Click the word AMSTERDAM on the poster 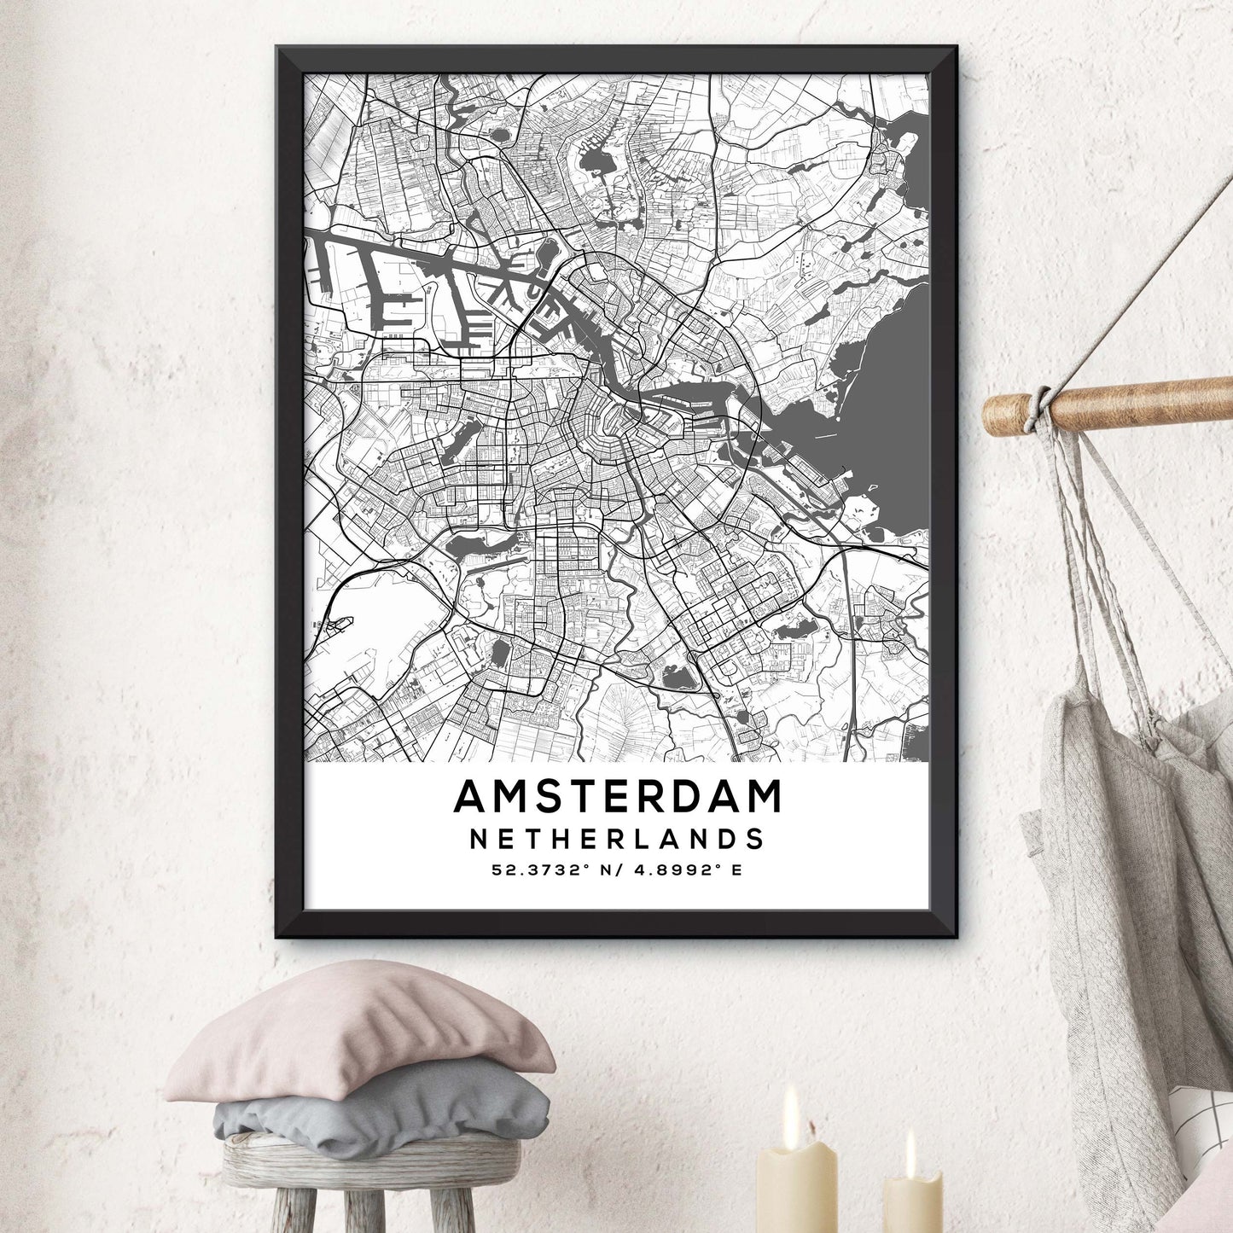click(618, 797)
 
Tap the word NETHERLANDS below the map click(618, 839)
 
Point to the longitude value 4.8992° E click(691, 871)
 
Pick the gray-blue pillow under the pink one click(384, 1109)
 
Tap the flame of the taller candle click(791, 1106)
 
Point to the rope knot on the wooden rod click(1040, 405)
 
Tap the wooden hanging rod click(1135, 401)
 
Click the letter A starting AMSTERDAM click(469, 797)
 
